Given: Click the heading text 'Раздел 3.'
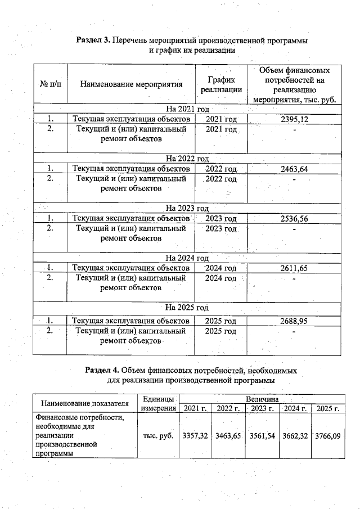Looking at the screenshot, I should [93, 40].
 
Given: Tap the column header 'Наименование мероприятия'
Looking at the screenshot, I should [132, 85].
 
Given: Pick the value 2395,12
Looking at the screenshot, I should [294, 119].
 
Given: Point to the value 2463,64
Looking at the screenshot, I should [294, 168].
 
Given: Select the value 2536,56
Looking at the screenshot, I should [294, 219].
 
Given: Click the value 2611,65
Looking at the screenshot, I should [294, 268].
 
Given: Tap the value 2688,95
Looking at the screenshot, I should [294, 321].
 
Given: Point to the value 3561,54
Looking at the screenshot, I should [262, 436].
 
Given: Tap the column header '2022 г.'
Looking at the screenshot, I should [228, 408].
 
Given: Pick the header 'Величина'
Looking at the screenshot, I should [262, 398].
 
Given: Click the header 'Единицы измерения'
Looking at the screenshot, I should [159, 403].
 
